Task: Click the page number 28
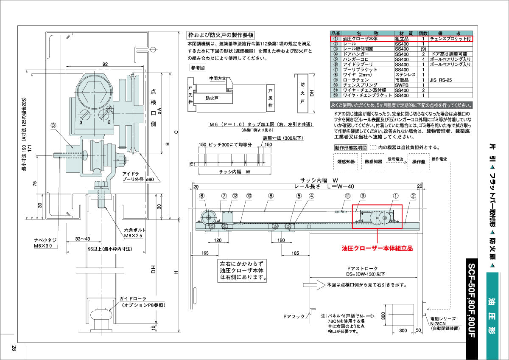(14, 348)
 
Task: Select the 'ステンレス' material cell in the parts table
(403, 75)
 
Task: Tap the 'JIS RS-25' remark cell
(441, 80)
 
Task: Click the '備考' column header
(450, 33)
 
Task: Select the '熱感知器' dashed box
(373, 162)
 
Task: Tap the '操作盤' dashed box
(419, 162)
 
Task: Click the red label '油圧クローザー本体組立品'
(377, 248)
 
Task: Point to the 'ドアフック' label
(294, 317)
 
